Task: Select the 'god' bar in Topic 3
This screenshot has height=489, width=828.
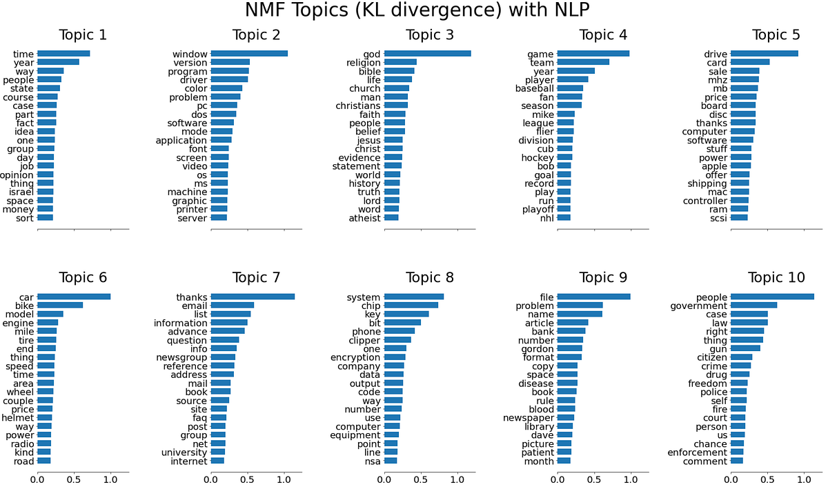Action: pos(427,53)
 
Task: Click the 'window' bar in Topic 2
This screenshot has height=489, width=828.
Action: pos(249,53)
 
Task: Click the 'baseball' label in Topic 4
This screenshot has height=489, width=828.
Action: pos(534,88)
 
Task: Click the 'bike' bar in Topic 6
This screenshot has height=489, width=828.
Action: pos(60,305)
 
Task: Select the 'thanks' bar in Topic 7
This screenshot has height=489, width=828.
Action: pos(253,297)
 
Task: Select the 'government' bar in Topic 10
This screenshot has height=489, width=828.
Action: pos(753,305)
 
